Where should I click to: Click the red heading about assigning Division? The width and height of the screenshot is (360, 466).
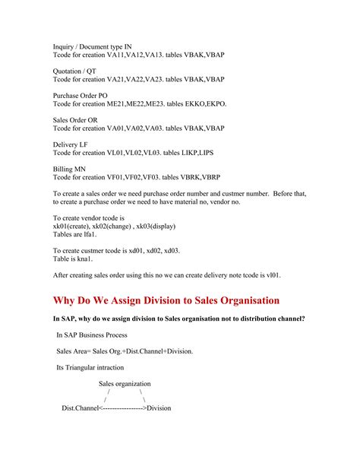(166, 300)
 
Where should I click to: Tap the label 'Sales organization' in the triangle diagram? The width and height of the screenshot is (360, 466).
(125, 384)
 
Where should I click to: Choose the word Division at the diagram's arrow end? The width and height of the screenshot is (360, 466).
(159, 408)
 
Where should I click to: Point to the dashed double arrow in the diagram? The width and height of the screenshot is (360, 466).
(122, 408)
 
